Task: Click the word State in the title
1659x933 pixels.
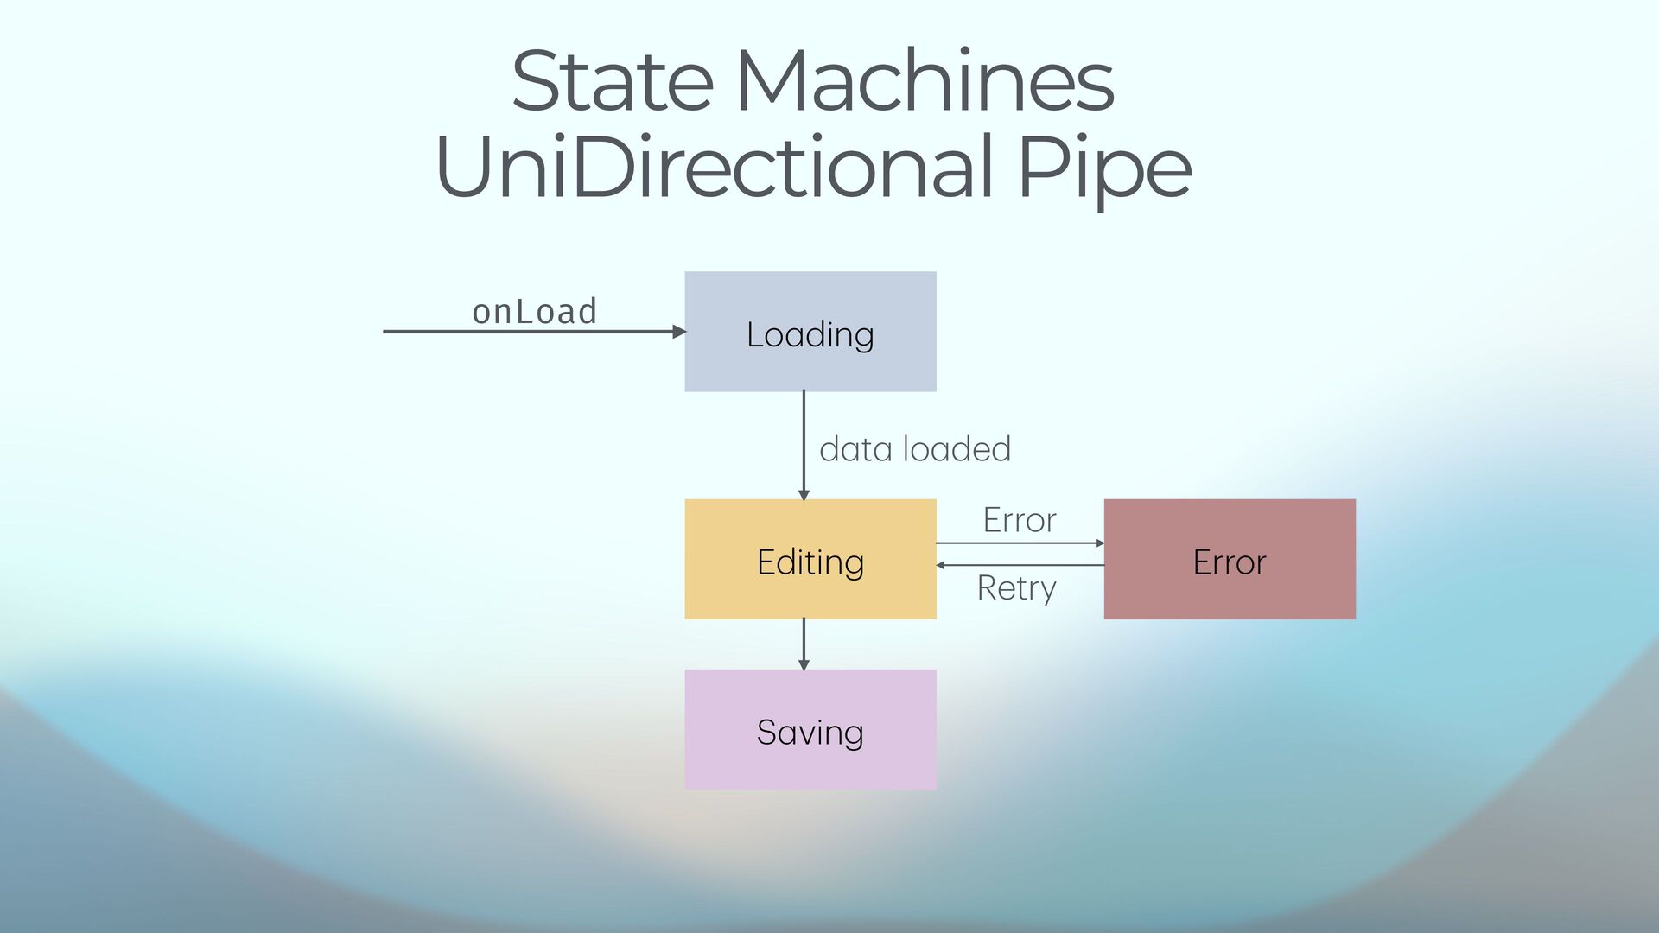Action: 612,81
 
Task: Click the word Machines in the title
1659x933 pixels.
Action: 925,81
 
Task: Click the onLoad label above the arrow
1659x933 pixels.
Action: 534,312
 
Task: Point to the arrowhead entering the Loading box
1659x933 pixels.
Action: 679,332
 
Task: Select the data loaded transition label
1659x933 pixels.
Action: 914,449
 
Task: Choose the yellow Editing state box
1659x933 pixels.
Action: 810,596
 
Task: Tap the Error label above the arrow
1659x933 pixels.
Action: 1020,520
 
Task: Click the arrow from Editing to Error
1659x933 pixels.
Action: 1020,543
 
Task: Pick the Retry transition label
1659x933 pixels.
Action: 1016,588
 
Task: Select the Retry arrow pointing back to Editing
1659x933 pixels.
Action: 1020,565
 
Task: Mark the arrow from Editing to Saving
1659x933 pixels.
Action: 804,644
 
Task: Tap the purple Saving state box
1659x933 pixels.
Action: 810,769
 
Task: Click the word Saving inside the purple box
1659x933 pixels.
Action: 810,733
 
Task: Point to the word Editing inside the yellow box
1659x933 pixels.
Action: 810,562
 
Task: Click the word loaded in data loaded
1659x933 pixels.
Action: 957,449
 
